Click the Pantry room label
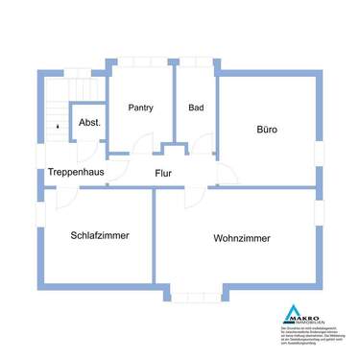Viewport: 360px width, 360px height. click(x=140, y=108)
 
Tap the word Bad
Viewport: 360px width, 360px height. click(x=196, y=108)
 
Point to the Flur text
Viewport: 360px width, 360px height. click(x=164, y=173)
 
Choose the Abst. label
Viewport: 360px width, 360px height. click(x=89, y=123)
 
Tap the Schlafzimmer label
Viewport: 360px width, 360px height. click(x=100, y=234)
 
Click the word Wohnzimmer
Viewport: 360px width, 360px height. click(x=242, y=238)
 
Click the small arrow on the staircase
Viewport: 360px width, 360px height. click(x=57, y=124)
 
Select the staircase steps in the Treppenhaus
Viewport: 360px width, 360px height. click(x=55, y=115)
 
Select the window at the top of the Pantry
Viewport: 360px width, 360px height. click(x=140, y=64)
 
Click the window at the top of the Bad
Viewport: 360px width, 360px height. click(x=197, y=64)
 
